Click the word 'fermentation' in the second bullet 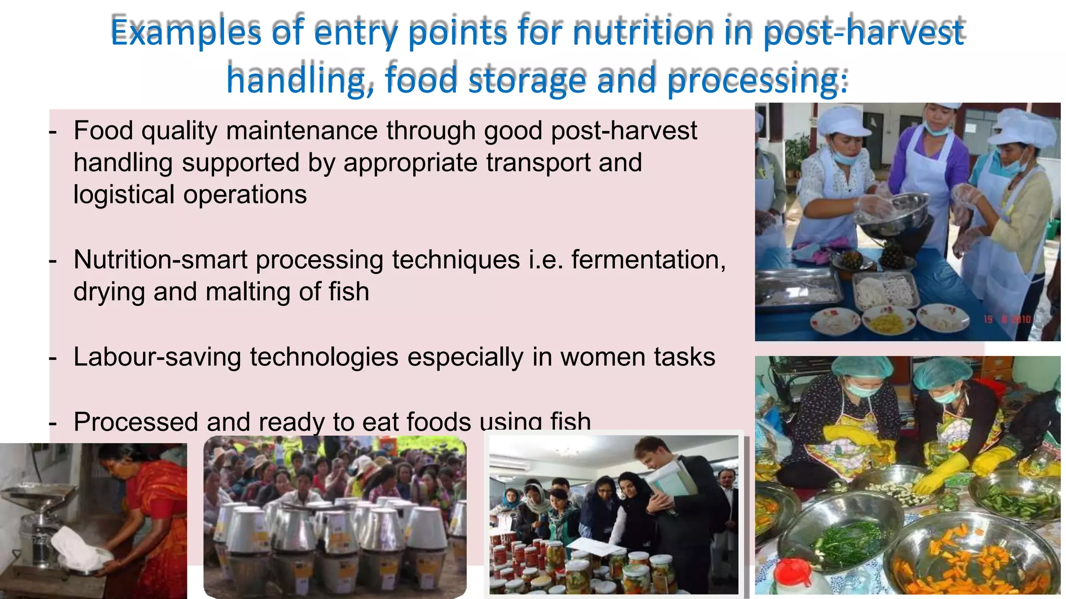tap(648, 259)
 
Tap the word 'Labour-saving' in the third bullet tap(157, 357)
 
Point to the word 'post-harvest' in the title tap(864, 32)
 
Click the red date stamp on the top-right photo tap(1007, 319)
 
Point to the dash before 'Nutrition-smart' tap(53, 261)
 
